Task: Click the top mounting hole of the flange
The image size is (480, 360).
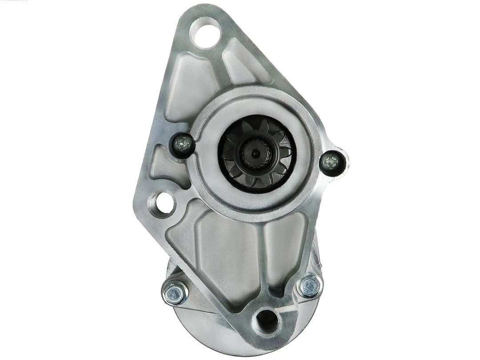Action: pyautogui.click(x=205, y=32)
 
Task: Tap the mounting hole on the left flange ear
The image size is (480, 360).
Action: pyautogui.click(x=163, y=204)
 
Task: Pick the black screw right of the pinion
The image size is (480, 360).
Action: pyautogui.click(x=331, y=162)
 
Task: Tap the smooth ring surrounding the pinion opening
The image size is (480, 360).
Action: pyautogui.click(x=302, y=133)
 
